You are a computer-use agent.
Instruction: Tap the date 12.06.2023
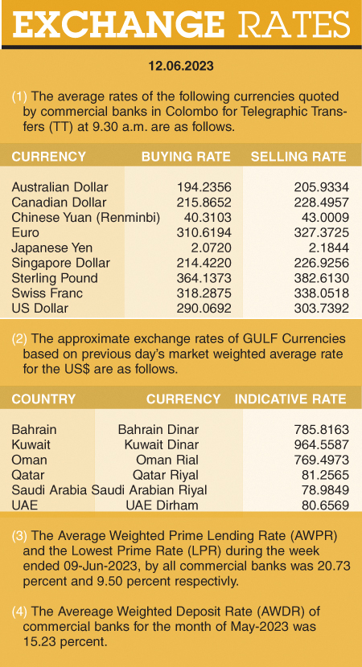click(x=181, y=63)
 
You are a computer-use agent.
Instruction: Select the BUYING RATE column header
click(x=186, y=157)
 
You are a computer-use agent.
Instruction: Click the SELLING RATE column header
click(x=298, y=157)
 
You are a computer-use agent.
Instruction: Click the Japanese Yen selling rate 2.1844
click(x=327, y=248)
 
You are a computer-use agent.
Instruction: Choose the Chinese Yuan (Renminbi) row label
click(x=86, y=218)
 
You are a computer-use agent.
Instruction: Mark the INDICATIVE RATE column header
click(x=290, y=399)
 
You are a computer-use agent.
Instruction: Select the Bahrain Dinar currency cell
click(x=158, y=429)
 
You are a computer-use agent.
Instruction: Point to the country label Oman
click(x=29, y=460)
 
